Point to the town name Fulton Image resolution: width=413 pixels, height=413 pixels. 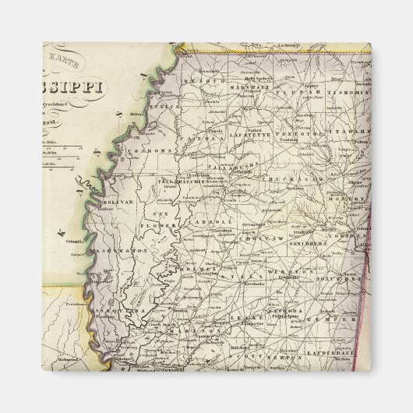(360, 141)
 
